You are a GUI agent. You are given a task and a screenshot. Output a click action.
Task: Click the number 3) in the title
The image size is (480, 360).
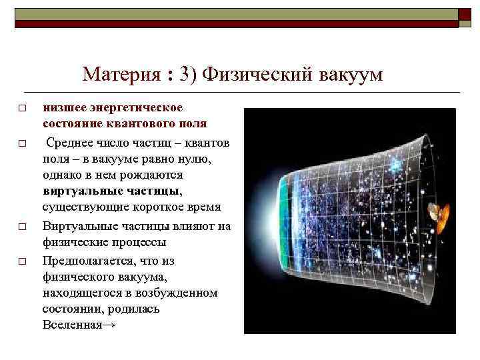point(187,75)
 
